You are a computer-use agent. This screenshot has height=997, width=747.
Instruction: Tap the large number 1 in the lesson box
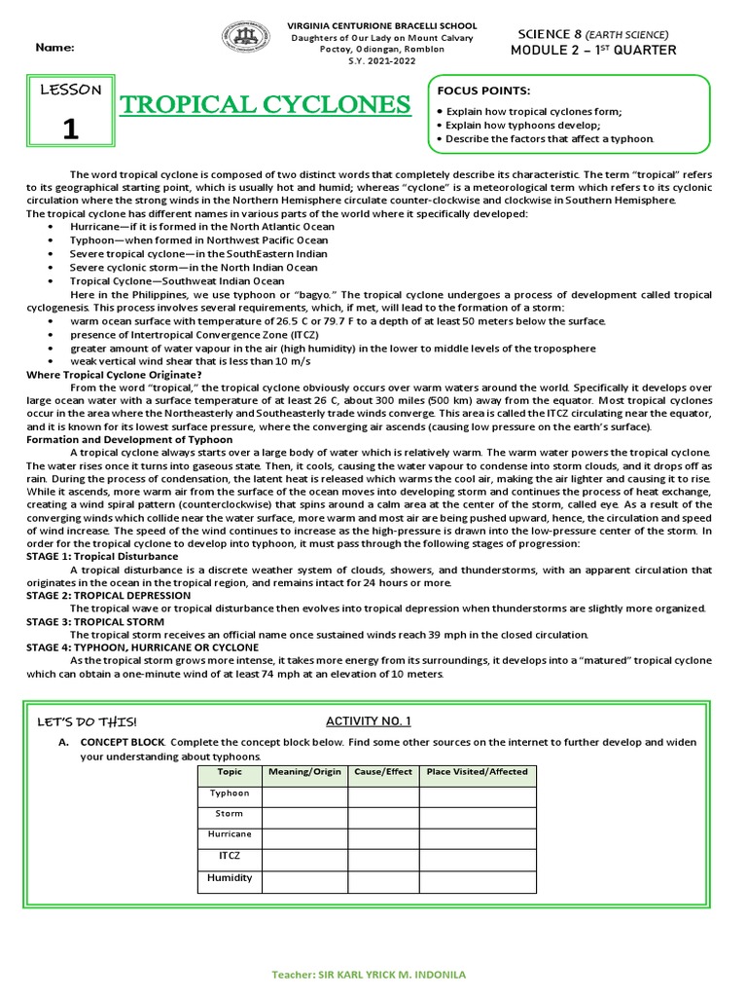coord(69,130)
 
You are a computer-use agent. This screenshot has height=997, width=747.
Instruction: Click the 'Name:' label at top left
coord(54,48)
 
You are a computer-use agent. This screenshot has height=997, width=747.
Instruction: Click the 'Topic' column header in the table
coord(230,772)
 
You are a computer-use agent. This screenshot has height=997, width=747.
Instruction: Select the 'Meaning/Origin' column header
coord(305,772)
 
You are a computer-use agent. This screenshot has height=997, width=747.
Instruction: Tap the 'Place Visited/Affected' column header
coord(478,772)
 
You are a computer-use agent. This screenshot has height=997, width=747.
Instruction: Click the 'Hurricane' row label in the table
coord(230,834)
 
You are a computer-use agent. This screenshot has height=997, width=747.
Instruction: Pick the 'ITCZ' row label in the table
coord(230,856)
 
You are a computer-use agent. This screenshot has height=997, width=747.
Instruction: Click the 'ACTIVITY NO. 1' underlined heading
coord(368,720)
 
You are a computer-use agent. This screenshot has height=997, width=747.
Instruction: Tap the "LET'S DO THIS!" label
coord(87,721)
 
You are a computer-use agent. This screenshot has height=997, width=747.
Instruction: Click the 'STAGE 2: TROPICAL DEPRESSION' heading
coord(108,595)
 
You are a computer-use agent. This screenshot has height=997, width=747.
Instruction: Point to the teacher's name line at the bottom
coord(373,974)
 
